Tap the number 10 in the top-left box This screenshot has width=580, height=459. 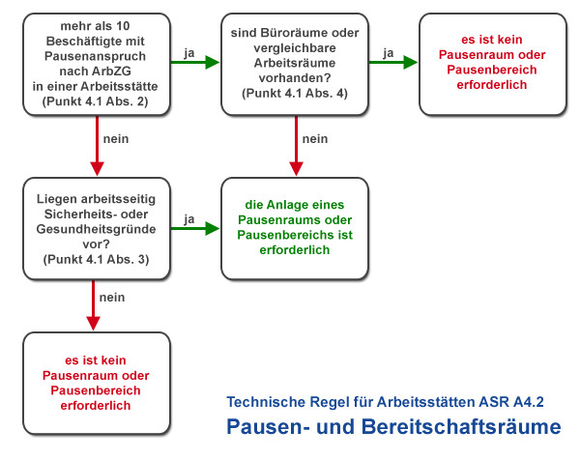(x=123, y=26)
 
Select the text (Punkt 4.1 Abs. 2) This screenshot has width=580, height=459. (x=96, y=101)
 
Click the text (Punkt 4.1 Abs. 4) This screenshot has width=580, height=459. (x=295, y=93)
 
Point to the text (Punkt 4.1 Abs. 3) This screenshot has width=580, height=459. (x=96, y=259)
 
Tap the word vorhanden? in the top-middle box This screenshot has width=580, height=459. (x=295, y=78)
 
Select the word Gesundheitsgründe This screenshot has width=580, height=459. (x=96, y=229)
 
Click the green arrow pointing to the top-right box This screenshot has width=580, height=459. (x=393, y=62)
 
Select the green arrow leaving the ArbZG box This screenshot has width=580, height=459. (x=195, y=62)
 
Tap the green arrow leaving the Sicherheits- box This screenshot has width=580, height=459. (x=195, y=228)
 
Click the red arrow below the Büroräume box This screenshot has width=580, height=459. (x=297, y=146)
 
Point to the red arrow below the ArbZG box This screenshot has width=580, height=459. (x=98, y=146)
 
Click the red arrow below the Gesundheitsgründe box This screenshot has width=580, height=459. (x=93, y=305)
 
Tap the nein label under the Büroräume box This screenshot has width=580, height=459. (x=315, y=139)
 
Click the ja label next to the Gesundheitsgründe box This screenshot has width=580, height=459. (x=189, y=219)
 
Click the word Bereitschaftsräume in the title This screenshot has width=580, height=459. (x=461, y=426)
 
